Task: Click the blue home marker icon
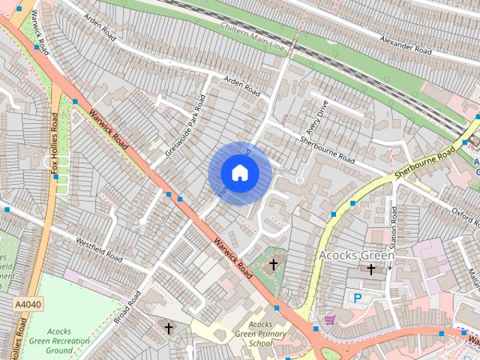tap(240, 173)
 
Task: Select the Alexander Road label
tap(406, 44)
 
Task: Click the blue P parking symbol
tap(357, 298)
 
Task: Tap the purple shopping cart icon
tap(329, 319)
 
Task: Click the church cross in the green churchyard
tap(274, 264)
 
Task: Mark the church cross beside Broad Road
tap(169, 328)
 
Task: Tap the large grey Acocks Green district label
tap(356, 256)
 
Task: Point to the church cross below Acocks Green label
tap(370, 269)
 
